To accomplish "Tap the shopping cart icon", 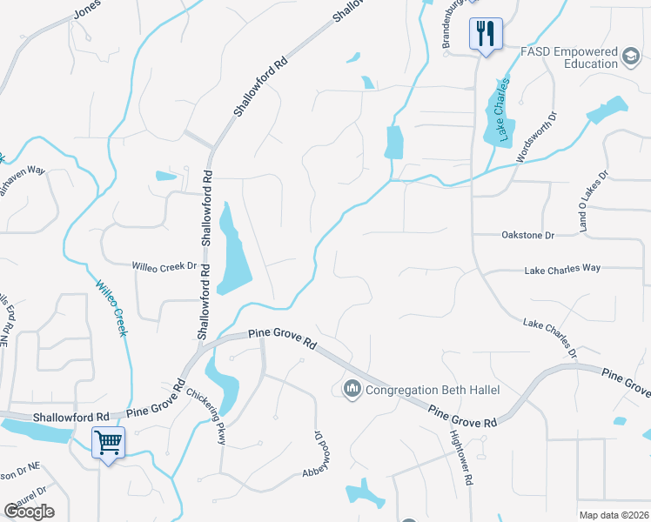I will [108, 443].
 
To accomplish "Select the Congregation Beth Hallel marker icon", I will [352, 388].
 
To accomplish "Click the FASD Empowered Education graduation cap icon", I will [630, 57].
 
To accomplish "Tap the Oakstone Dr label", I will [527, 235].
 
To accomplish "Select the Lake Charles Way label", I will [562, 271].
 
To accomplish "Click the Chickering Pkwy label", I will [206, 416].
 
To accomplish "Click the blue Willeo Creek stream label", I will [111, 308].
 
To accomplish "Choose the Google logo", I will [29, 512].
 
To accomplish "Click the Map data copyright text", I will [614, 515].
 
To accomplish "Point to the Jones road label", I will [87, 11].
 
